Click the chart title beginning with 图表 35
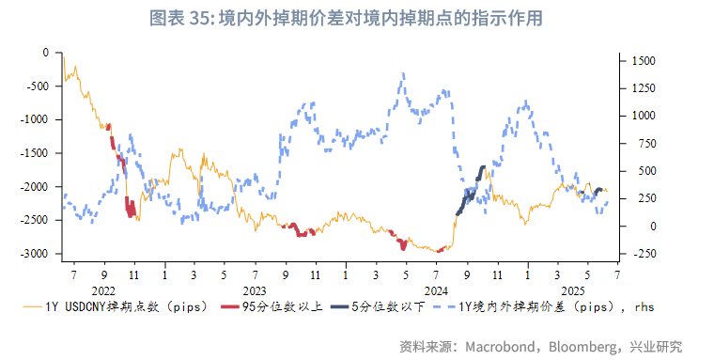pyautogui.click(x=357, y=19)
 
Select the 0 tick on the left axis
pyautogui.click(x=45, y=53)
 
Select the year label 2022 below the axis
pyautogui.click(x=102, y=291)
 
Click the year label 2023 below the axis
pyautogui.click(x=254, y=291)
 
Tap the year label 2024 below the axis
pyautogui.click(x=436, y=291)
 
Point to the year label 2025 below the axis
pyautogui.click(x=572, y=291)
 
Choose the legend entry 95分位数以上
pyautogui.click(x=278, y=306)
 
